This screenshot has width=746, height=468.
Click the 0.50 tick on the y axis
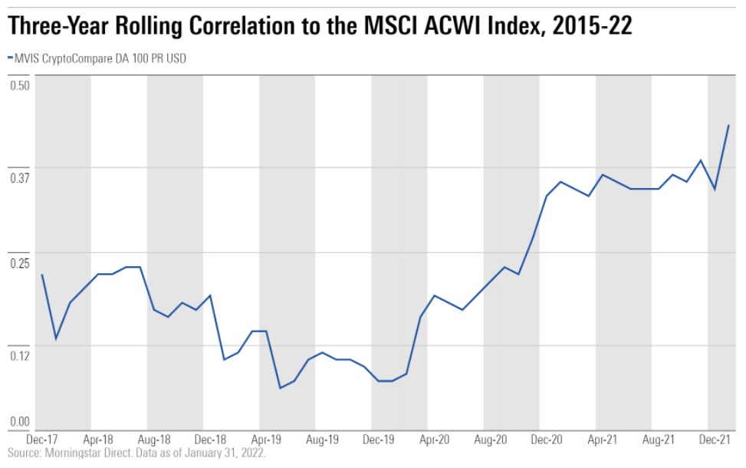(x=19, y=84)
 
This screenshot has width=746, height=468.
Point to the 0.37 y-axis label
(x=19, y=177)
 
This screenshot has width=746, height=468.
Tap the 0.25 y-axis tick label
(x=19, y=262)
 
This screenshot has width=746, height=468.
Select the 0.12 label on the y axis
(x=19, y=354)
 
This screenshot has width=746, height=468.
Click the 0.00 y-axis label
(x=19, y=421)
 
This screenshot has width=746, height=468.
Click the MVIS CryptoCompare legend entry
(x=100, y=58)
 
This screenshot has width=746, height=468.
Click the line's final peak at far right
(x=728, y=125)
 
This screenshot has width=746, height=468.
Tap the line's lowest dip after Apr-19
(x=280, y=388)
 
